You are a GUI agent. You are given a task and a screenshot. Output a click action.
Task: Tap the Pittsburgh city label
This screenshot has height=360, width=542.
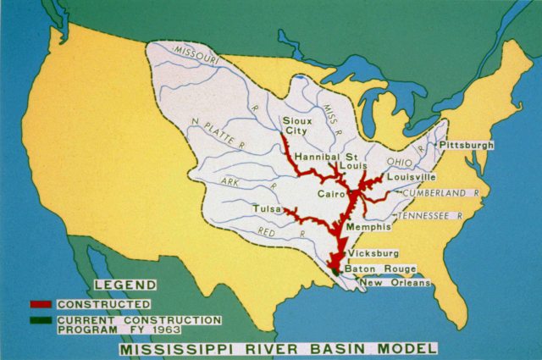[466, 146]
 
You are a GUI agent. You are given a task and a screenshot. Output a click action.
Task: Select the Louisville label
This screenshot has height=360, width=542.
[412, 178]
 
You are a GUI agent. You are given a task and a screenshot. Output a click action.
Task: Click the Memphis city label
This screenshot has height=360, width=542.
[368, 227]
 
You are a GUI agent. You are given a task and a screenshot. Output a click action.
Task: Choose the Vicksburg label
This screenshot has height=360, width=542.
[373, 253]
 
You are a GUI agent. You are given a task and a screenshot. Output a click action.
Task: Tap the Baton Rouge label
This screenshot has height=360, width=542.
[380, 269]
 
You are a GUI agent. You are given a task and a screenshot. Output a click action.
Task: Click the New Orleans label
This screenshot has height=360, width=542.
[393, 282]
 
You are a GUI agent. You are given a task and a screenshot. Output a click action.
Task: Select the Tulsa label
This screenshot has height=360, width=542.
[266, 208]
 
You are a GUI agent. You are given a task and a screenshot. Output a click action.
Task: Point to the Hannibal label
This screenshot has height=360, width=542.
[320, 158]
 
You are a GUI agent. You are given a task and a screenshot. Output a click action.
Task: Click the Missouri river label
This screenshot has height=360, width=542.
[196, 53]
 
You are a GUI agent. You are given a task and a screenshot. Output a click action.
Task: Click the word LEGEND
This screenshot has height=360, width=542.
[124, 285]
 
